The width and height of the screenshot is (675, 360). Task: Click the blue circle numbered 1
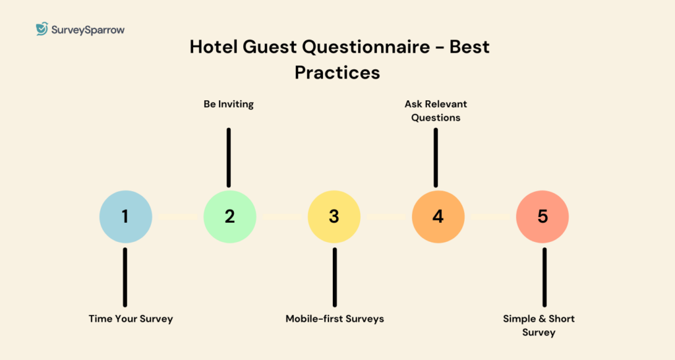(x=125, y=217)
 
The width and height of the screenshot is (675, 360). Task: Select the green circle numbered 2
(x=229, y=217)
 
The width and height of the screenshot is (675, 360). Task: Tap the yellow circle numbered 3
(x=334, y=217)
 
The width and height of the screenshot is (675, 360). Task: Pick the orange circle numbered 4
(x=438, y=217)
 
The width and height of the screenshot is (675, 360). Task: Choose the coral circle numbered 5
(x=542, y=217)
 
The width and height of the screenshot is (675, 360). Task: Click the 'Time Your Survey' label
(x=131, y=318)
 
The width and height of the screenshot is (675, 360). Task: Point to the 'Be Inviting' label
(x=229, y=104)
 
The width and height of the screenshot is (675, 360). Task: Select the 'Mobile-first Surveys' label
(x=334, y=318)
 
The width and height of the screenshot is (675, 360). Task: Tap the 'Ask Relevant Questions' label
(x=436, y=111)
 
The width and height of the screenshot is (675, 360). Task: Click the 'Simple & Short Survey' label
(x=539, y=325)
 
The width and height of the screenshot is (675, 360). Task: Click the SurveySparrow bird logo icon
(x=42, y=29)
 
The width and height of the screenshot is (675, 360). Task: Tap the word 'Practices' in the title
(x=337, y=72)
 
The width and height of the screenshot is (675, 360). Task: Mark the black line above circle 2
(x=229, y=157)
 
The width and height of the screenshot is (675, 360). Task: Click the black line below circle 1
(x=125, y=277)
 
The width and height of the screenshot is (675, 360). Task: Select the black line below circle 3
(x=334, y=277)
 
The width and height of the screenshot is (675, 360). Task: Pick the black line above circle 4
(x=435, y=157)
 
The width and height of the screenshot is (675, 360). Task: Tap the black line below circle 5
(x=544, y=277)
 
